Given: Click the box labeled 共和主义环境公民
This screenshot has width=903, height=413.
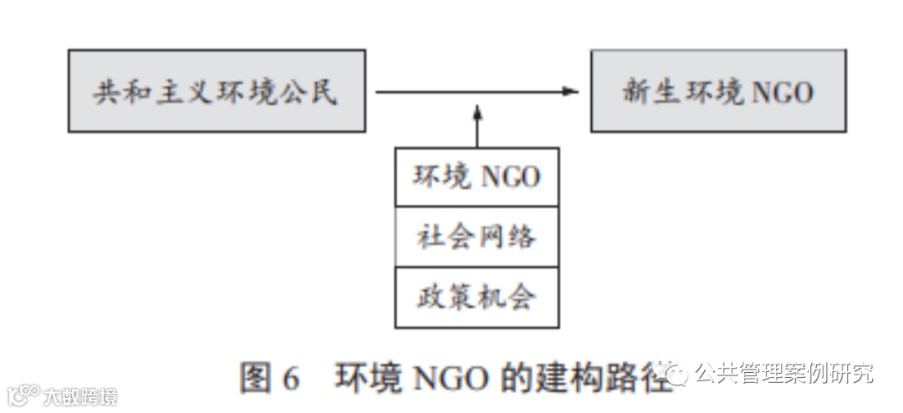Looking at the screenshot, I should (x=217, y=90).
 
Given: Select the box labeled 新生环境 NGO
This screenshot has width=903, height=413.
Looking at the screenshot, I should (x=717, y=90).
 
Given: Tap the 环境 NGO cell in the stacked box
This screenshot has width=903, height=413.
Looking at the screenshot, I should (x=477, y=177).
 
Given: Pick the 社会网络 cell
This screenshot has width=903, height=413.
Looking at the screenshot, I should (x=477, y=237).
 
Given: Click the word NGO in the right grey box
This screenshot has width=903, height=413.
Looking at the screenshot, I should (x=782, y=92).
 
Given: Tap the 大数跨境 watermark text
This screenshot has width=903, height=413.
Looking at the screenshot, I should (x=80, y=395).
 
